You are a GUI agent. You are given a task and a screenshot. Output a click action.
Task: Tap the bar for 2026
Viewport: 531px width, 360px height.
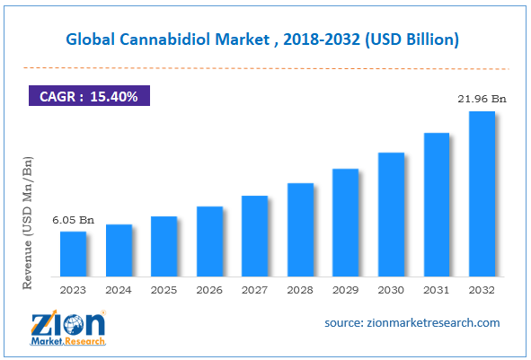point(209,241)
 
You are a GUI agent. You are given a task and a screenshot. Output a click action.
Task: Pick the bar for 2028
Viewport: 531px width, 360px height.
point(300,230)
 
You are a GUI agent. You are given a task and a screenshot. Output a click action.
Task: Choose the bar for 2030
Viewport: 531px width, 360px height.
point(391,215)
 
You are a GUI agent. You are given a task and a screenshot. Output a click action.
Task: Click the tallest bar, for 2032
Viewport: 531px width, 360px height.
point(482,194)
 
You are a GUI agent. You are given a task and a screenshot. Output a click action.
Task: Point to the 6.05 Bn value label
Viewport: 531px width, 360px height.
point(74,220)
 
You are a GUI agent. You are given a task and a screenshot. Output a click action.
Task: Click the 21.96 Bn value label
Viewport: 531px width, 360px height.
point(481,99)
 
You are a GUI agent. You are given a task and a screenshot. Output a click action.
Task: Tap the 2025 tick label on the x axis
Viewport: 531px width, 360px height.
point(164,289)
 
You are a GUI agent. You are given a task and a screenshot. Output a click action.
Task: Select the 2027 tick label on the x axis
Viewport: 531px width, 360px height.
point(255,289)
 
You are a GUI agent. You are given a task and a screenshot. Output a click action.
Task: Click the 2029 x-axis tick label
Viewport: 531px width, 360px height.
point(346,289)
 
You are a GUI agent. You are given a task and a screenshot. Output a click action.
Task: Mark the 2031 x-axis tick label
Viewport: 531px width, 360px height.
point(437,289)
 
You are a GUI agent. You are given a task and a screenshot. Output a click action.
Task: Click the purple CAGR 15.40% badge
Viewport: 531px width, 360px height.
point(88,95)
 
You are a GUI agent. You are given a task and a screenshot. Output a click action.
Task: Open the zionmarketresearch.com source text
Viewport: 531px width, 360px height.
point(412,322)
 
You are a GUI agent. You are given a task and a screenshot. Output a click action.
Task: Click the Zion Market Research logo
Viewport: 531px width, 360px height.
point(66,327)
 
